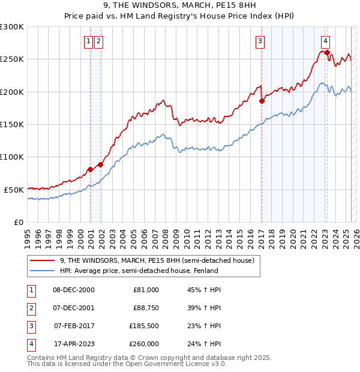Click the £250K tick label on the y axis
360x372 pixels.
pos(12,59)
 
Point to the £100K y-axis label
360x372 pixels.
pos(12,157)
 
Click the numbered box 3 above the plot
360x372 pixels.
pos(260,41)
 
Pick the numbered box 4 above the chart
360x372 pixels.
pos(325,41)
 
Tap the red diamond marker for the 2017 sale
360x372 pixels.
pos(262,101)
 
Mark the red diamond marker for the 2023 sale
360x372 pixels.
pos(327,53)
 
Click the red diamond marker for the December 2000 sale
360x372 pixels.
pos(91,169)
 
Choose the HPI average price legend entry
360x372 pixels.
pos(139,271)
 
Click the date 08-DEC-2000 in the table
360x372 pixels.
pos(73,290)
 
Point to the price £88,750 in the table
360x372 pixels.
pos(146,308)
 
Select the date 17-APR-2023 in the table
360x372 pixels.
pos(74,344)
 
